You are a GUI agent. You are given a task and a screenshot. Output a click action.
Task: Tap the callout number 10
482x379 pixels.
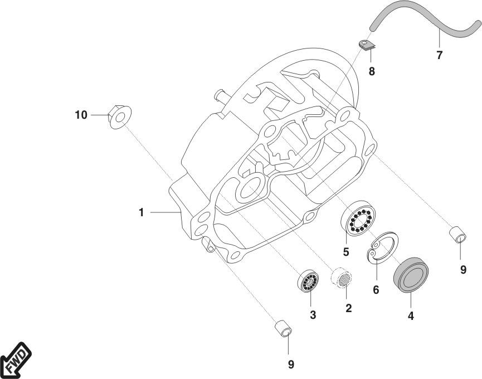81,115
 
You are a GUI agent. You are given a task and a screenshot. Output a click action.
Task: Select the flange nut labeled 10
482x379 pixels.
120,117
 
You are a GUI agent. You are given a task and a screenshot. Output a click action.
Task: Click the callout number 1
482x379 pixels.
142,212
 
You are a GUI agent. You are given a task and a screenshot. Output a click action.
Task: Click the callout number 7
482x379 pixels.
440,55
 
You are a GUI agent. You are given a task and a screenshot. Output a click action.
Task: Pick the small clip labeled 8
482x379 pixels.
366,45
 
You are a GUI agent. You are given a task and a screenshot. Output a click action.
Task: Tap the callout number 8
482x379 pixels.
372,71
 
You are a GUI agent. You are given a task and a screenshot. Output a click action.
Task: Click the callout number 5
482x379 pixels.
346,252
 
